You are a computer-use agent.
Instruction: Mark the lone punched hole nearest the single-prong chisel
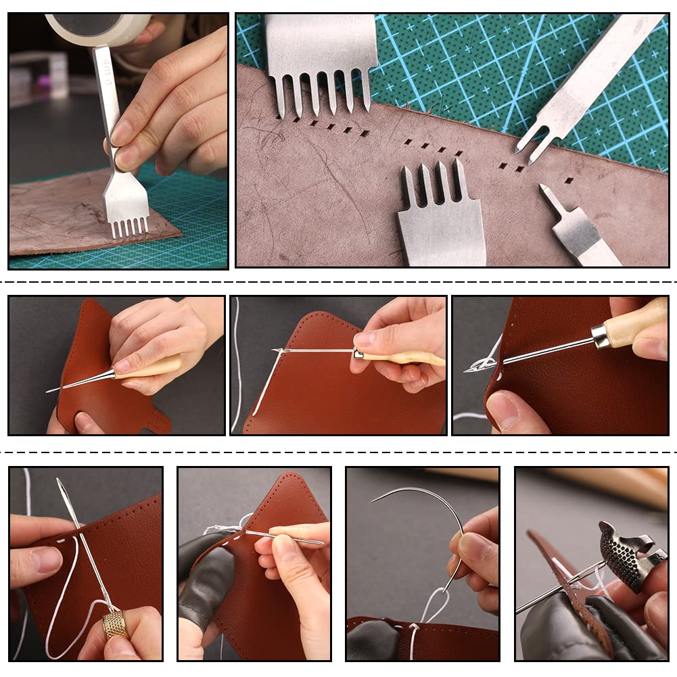(x=569, y=181)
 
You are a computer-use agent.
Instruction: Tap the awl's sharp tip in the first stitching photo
(x=49, y=390)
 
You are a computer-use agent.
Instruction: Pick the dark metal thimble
(x=626, y=551)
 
